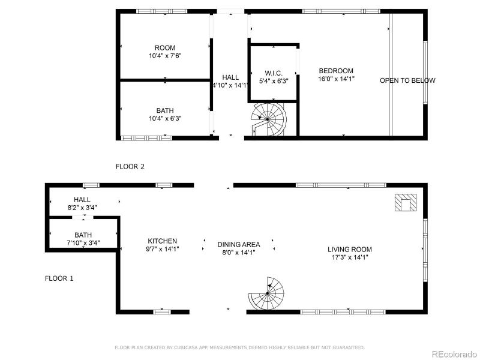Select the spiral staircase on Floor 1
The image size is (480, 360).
point(267,294)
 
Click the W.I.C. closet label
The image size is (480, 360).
point(274,73)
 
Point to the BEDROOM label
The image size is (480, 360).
point(336,70)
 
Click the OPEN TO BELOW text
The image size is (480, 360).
point(407,80)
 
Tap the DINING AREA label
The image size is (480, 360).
point(238,244)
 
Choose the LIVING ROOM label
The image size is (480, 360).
point(349,250)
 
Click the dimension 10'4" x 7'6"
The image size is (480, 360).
point(165,56)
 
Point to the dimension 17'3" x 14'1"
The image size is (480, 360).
point(349,257)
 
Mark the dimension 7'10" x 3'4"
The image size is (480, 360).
point(83,243)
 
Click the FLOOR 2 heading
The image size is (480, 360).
point(130,166)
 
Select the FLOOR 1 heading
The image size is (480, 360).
point(59,278)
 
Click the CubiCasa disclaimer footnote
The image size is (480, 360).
point(239,347)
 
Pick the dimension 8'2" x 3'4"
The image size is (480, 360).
point(82,208)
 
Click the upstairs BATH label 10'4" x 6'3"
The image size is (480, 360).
point(165,110)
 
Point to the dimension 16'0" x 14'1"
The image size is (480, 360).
point(336,79)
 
